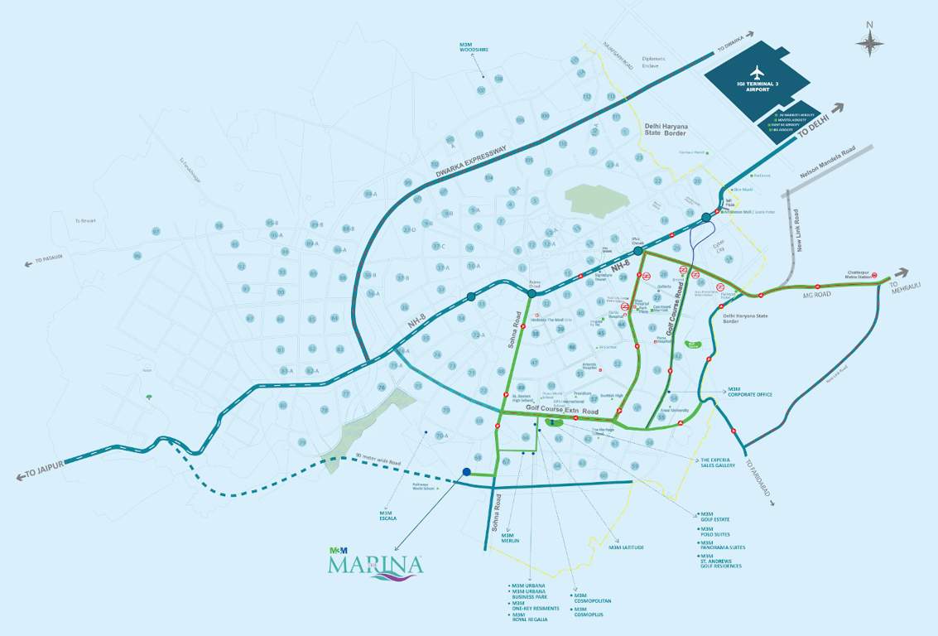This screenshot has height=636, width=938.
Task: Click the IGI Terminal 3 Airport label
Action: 758,86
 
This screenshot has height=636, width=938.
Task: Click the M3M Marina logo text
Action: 375,565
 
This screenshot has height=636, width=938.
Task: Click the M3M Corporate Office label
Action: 749,392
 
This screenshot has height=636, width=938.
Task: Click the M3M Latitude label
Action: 626,547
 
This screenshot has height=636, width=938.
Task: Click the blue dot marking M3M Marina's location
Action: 467,472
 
